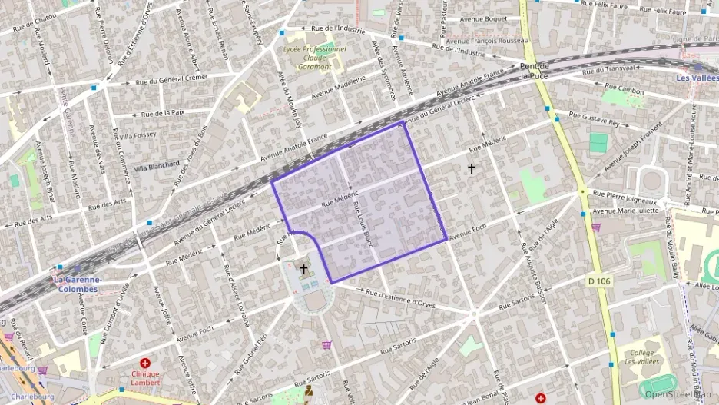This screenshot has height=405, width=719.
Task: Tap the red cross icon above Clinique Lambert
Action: [x=144, y=363]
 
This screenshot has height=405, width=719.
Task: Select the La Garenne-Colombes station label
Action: [x=76, y=284]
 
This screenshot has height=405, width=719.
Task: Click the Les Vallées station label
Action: [x=697, y=78]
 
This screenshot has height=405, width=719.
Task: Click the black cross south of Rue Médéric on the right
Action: [x=472, y=168]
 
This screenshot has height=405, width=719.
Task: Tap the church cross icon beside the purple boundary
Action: [x=304, y=269]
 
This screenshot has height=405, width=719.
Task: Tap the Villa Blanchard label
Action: [x=157, y=166]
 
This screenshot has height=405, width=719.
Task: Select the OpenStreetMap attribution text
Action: [x=678, y=394]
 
